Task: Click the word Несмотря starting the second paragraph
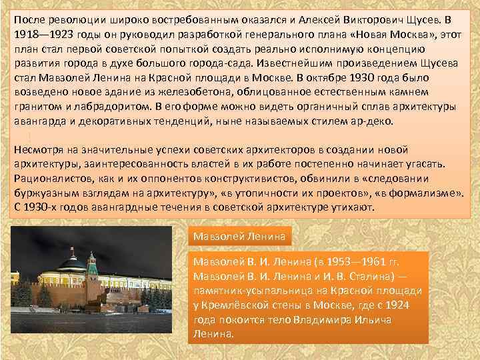(x=41, y=149)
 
